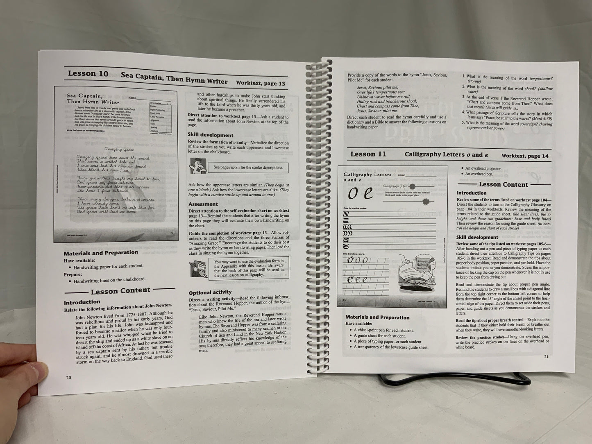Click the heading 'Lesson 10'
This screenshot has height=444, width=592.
click(88, 74)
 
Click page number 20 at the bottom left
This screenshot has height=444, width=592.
click(68, 377)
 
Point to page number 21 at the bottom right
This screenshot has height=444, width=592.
click(546, 356)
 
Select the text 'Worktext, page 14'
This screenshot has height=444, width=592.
click(525, 156)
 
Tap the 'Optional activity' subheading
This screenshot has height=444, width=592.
click(210, 292)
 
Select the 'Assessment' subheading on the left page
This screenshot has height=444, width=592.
click(203, 204)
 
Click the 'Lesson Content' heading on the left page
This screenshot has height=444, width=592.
click(120, 291)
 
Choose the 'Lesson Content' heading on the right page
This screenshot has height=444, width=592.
click(503, 184)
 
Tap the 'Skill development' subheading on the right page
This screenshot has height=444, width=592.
click(477, 237)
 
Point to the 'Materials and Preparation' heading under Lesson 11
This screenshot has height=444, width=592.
click(377, 317)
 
